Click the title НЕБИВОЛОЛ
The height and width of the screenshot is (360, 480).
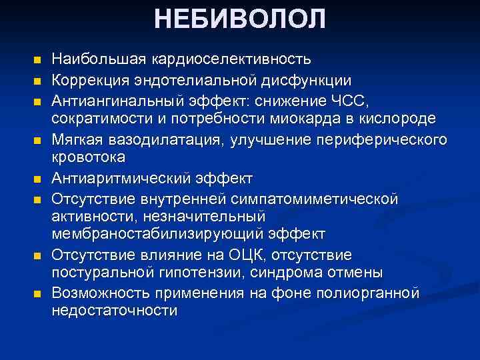coord(240,19)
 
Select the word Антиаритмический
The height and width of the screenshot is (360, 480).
coord(121,179)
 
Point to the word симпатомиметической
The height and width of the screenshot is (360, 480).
coord(318,199)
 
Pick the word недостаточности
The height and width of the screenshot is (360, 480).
coord(115,311)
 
